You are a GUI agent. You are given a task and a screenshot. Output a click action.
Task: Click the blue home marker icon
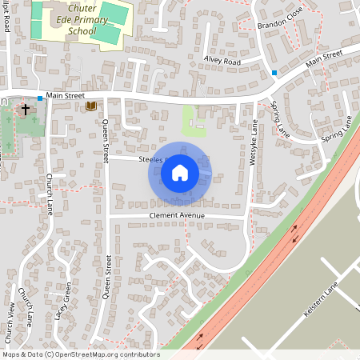180,172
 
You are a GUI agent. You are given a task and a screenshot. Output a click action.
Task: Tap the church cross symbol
25,109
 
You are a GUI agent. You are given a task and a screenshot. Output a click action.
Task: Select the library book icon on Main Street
91,106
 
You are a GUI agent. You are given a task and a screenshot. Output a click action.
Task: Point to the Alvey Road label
222,61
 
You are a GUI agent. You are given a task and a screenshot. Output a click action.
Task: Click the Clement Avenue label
176,216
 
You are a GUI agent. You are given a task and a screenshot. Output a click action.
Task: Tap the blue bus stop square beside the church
39,98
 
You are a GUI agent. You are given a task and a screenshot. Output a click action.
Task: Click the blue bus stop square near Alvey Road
274,73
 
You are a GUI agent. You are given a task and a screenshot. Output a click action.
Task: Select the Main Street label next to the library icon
65,95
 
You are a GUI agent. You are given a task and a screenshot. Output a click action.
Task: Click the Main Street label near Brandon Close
323,58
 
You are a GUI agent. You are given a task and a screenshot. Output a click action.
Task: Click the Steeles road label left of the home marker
150,159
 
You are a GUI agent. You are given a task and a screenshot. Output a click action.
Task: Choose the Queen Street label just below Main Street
105,141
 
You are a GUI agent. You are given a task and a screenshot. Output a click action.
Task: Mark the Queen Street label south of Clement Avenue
108,277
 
